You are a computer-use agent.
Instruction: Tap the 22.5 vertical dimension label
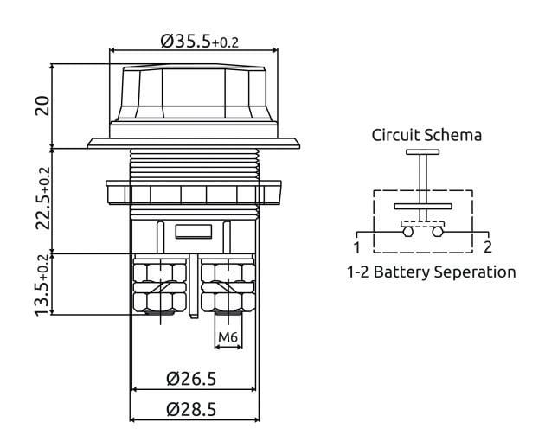click(x=41, y=199)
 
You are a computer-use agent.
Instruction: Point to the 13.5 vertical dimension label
click(x=41, y=284)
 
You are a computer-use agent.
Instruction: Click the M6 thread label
click(x=228, y=336)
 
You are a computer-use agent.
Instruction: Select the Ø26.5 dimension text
click(x=192, y=378)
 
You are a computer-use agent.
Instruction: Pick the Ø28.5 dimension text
click(x=192, y=409)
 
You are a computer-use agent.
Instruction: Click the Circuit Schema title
click(x=426, y=135)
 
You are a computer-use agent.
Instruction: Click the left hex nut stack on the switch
click(x=160, y=288)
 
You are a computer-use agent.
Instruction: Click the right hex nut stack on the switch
click(x=227, y=288)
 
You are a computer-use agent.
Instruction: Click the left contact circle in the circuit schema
click(x=407, y=231)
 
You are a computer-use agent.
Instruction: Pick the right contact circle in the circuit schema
click(x=439, y=231)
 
